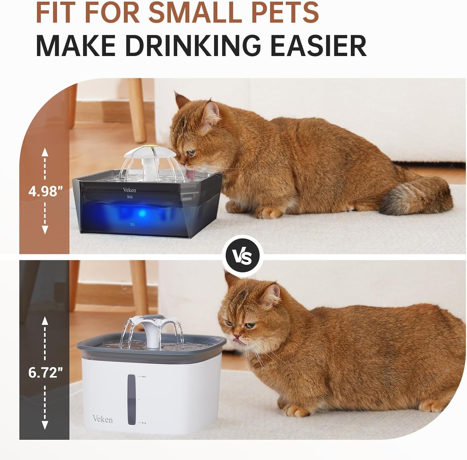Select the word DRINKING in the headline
[193, 46]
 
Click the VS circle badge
[243, 256]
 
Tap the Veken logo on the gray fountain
[129, 190]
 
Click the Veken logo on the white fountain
[102, 419]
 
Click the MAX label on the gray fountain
[130, 197]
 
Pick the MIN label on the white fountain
[144, 423]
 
